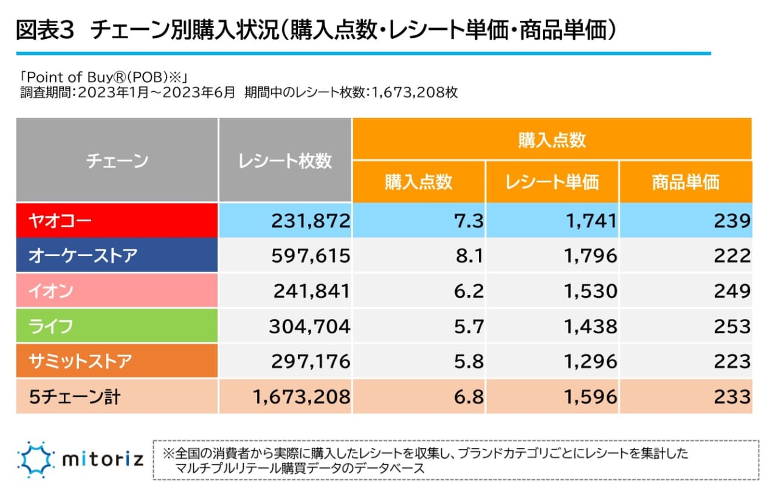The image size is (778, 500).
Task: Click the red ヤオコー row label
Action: point(117,220)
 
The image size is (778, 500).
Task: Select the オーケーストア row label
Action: point(117,255)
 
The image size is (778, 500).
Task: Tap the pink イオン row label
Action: point(117,291)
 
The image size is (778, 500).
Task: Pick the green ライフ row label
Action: point(117,326)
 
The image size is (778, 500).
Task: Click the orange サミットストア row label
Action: point(117,361)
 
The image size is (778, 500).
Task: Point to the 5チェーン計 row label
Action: point(117,397)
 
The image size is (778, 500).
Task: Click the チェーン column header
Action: point(117,161)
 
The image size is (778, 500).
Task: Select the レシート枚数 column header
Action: point(285,161)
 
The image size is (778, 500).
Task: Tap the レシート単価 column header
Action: point(552,182)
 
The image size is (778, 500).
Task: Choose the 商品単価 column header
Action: point(686,182)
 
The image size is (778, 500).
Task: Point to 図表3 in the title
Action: point(44,31)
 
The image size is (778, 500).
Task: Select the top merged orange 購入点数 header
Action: point(552,140)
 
